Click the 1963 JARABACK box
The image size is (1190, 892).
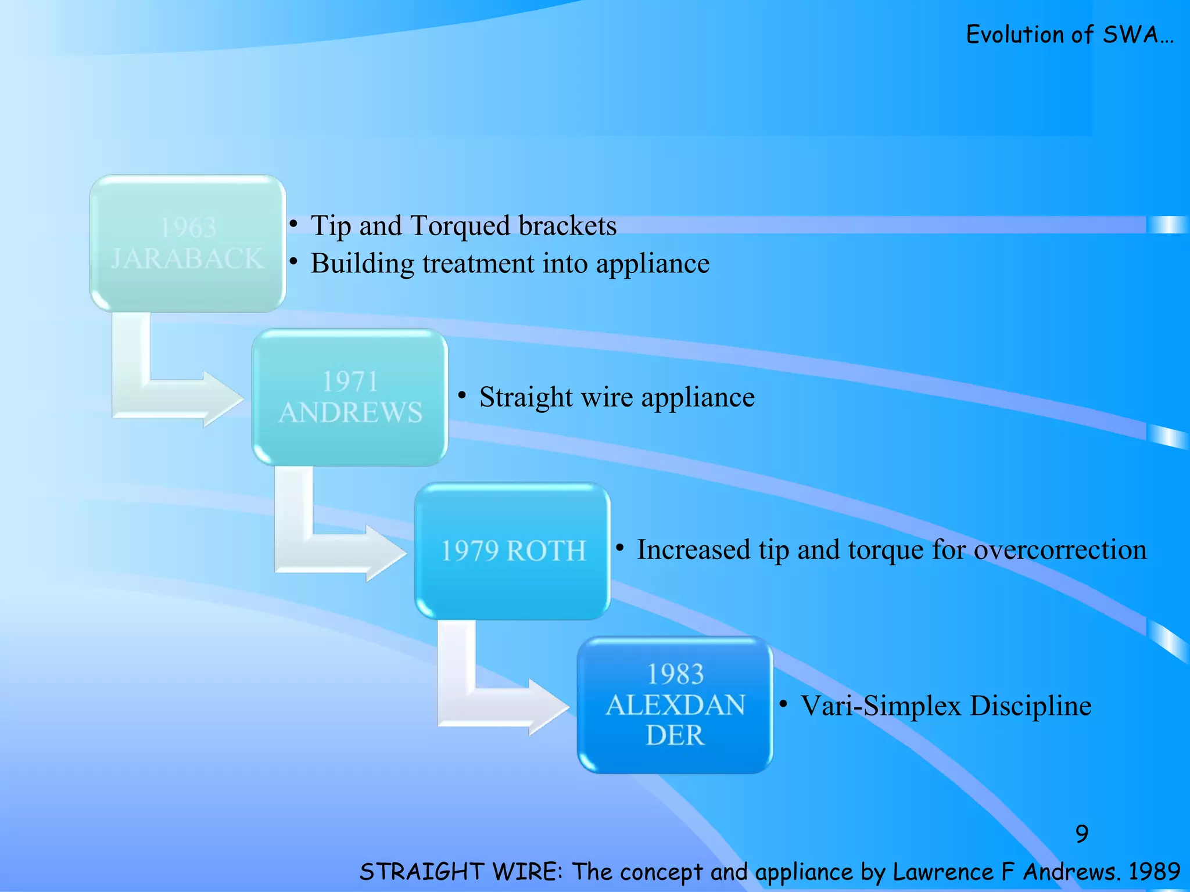(x=188, y=243)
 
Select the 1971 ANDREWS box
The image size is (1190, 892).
(x=350, y=397)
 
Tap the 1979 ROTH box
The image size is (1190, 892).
(x=512, y=551)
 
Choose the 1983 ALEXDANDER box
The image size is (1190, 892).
(x=675, y=704)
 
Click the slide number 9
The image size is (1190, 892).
(x=1081, y=834)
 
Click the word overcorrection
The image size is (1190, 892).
(x=1060, y=549)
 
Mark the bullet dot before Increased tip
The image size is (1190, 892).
(x=620, y=548)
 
